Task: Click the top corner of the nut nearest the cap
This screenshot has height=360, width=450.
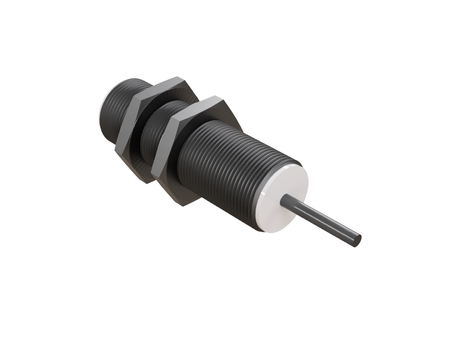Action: tap(212, 98)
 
